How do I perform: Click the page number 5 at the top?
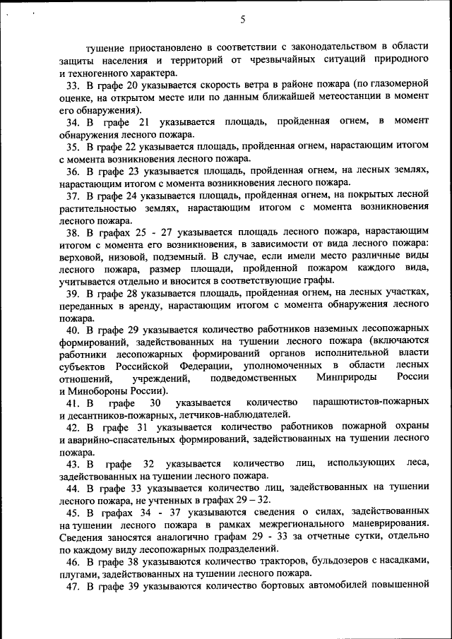click(242, 20)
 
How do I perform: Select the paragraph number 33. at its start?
click(73, 85)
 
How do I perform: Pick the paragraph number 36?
click(73, 171)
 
